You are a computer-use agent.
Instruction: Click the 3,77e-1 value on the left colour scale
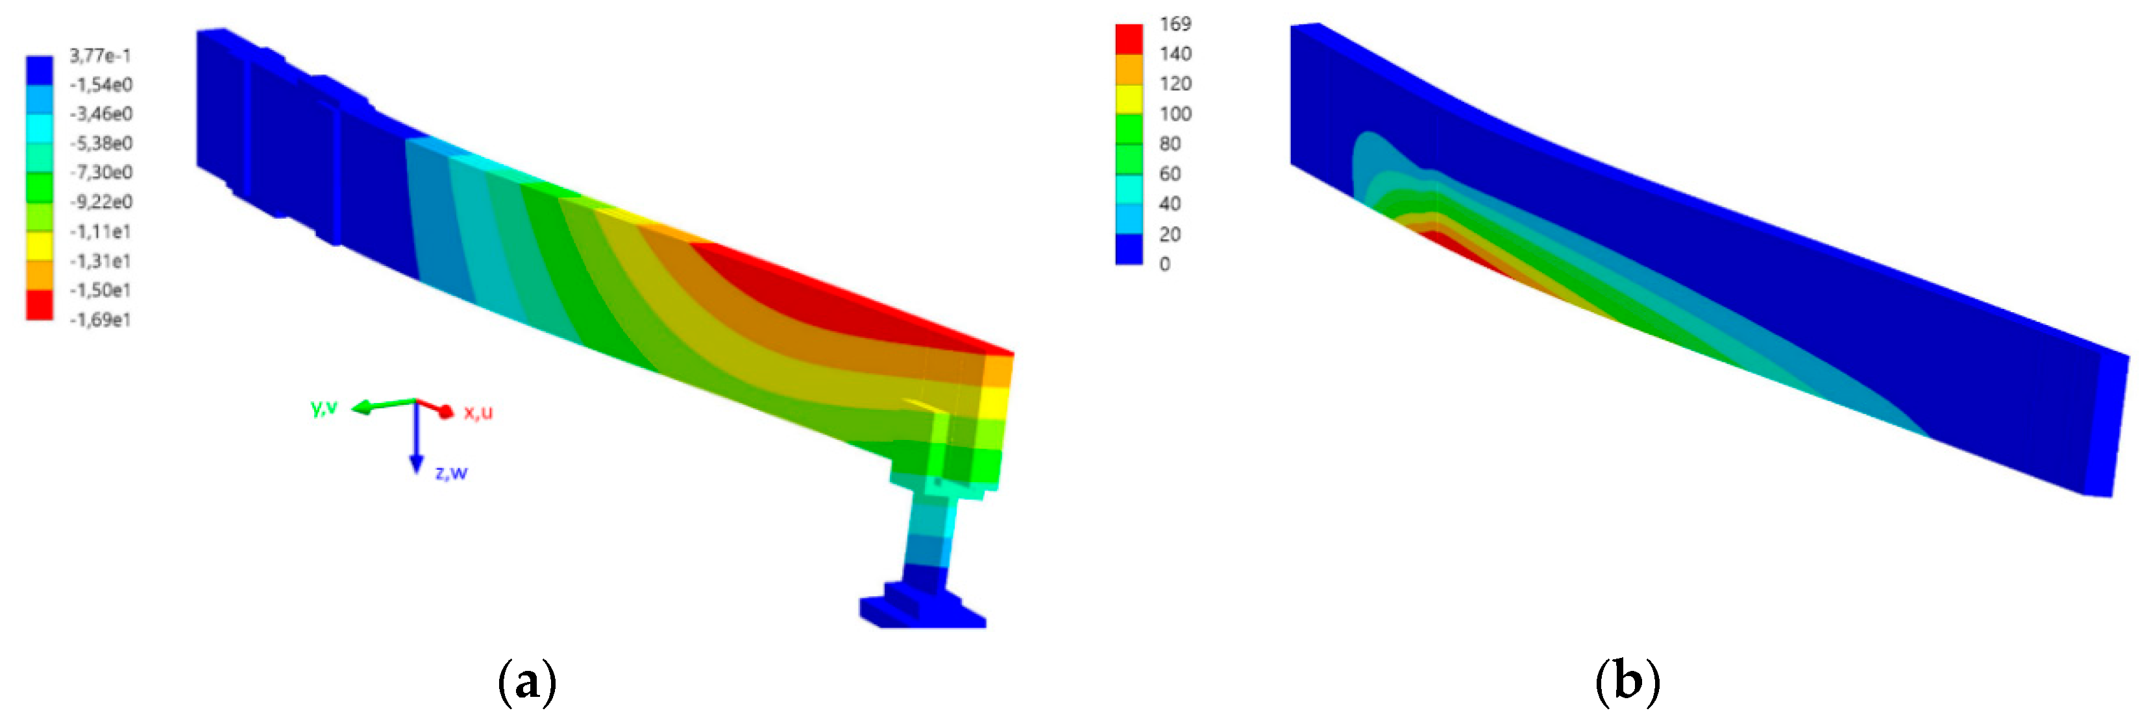point(100,56)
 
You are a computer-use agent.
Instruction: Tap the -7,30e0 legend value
point(100,173)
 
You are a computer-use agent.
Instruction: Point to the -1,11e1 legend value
point(100,232)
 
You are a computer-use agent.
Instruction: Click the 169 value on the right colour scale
point(1175,24)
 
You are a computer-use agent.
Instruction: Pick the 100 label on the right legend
point(1175,114)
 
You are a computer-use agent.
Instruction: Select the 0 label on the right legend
point(1164,264)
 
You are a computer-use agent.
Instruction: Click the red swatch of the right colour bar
point(1129,39)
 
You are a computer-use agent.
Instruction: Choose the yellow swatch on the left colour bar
point(39,246)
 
